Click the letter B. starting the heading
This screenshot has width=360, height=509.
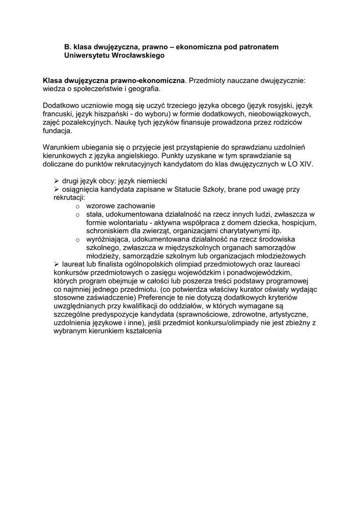[x=68, y=47]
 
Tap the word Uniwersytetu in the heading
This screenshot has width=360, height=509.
[x=88, y=56]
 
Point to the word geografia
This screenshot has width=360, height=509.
[x=144, y=89]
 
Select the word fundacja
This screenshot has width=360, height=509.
[x=57, y=131]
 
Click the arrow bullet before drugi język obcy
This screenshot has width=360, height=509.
[x=56, y=181]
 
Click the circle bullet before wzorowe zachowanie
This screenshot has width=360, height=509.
[x=78, y=206]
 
